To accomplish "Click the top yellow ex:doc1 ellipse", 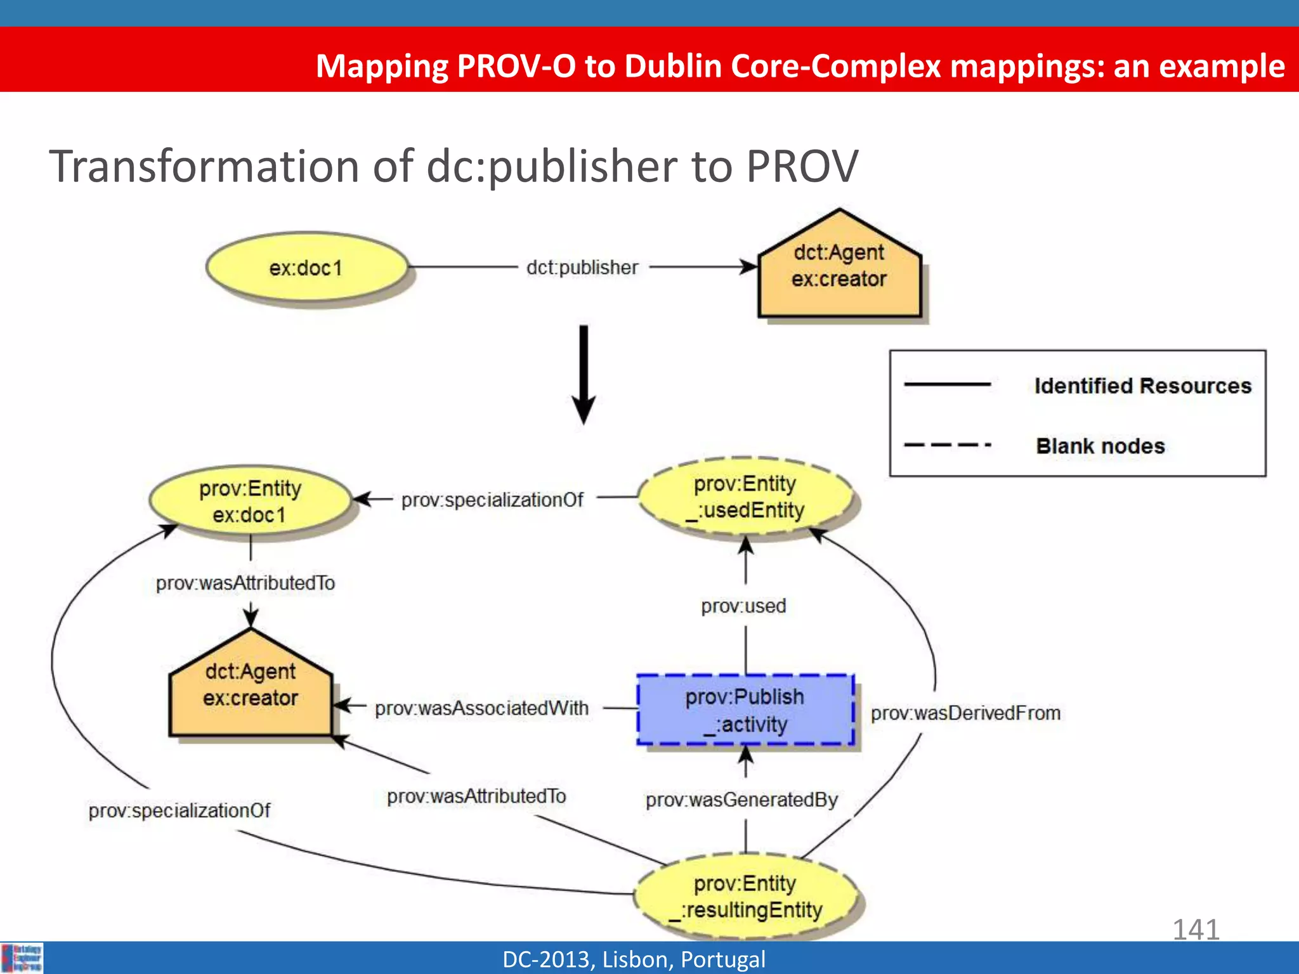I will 306,268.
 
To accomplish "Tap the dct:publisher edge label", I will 582,268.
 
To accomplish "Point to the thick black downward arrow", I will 584,374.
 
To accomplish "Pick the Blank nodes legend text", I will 1100,446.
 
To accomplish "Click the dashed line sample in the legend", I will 948,445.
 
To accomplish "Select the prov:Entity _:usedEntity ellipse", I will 747,497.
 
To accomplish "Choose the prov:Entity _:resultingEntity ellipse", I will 746,897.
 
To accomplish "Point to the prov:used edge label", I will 743,606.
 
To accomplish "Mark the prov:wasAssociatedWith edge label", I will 481,708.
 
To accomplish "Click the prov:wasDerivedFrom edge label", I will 965,713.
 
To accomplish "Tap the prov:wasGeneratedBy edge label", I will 741,800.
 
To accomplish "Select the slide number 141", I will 1196,930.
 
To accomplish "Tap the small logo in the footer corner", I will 23,958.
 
